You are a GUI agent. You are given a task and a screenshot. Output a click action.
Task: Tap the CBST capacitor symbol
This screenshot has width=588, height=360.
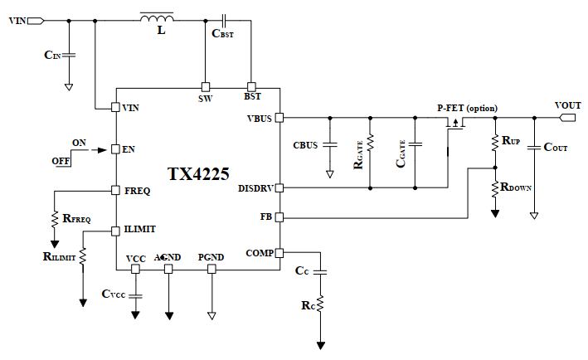(223, 19)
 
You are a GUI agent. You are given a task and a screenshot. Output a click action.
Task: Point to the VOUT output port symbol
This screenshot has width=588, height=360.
(567, 118)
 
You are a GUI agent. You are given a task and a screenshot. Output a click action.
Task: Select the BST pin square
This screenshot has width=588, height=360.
(251, 86)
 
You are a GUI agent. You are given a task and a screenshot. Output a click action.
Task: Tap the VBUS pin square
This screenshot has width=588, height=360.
(279, 118)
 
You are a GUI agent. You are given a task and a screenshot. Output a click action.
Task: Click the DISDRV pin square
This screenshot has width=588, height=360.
(279, 188)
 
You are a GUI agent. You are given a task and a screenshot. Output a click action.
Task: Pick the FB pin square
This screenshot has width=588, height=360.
(279, 217)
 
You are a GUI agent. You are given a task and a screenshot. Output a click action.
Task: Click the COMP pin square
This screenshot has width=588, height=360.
(279, 252)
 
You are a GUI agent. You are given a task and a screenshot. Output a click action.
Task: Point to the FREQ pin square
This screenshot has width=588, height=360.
(116, 191)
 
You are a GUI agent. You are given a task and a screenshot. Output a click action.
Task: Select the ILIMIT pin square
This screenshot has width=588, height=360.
(116, 229)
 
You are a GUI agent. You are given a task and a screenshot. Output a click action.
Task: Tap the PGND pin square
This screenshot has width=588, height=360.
(211, 269)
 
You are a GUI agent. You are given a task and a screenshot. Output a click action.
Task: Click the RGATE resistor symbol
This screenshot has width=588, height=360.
(371, 146)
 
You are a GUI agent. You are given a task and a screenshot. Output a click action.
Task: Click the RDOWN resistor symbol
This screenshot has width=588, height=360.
(494, 188)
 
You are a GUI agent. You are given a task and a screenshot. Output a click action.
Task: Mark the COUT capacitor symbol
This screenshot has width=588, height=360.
(533, 147)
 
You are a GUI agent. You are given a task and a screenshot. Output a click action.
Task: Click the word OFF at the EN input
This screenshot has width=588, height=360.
(61, 160)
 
